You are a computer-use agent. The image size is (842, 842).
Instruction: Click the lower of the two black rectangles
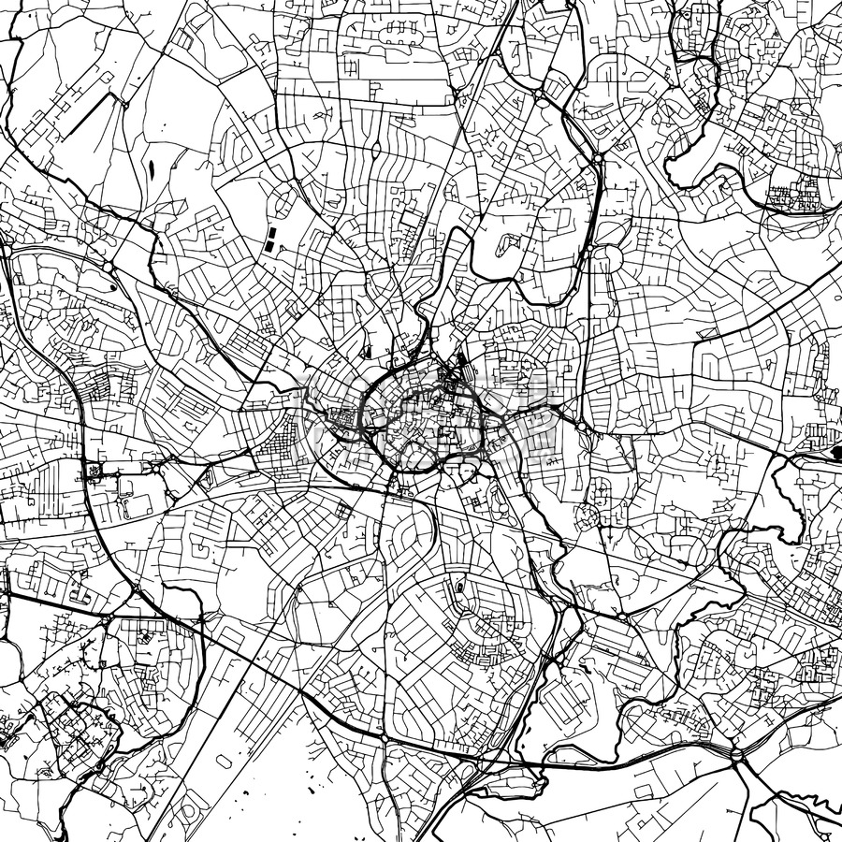tap(268, 245)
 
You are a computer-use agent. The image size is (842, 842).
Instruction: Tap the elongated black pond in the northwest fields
tap(150, 171)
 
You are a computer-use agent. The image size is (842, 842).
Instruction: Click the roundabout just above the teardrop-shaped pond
tap(109, 268)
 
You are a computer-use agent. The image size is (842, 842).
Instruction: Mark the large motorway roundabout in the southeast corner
tap(737, 754)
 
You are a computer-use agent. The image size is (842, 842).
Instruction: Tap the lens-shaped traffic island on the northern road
tap(375, 149)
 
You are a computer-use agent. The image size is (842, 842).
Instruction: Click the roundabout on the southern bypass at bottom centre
tap(384, 739)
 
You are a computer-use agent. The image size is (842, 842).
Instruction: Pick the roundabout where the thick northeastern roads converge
tap(597, 160)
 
